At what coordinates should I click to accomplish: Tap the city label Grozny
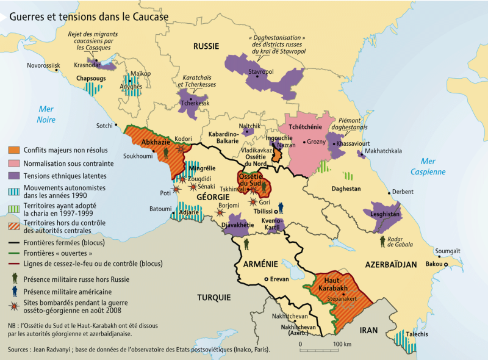tap(316, 142)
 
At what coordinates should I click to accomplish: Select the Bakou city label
tap(434, 264)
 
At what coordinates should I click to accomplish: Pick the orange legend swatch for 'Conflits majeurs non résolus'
tap(13, 151)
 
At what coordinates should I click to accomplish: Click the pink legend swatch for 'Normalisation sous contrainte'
tap(13, 164)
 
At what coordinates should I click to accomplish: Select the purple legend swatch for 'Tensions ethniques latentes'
tap(13, 176)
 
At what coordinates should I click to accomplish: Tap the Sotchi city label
tap(105, 126)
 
